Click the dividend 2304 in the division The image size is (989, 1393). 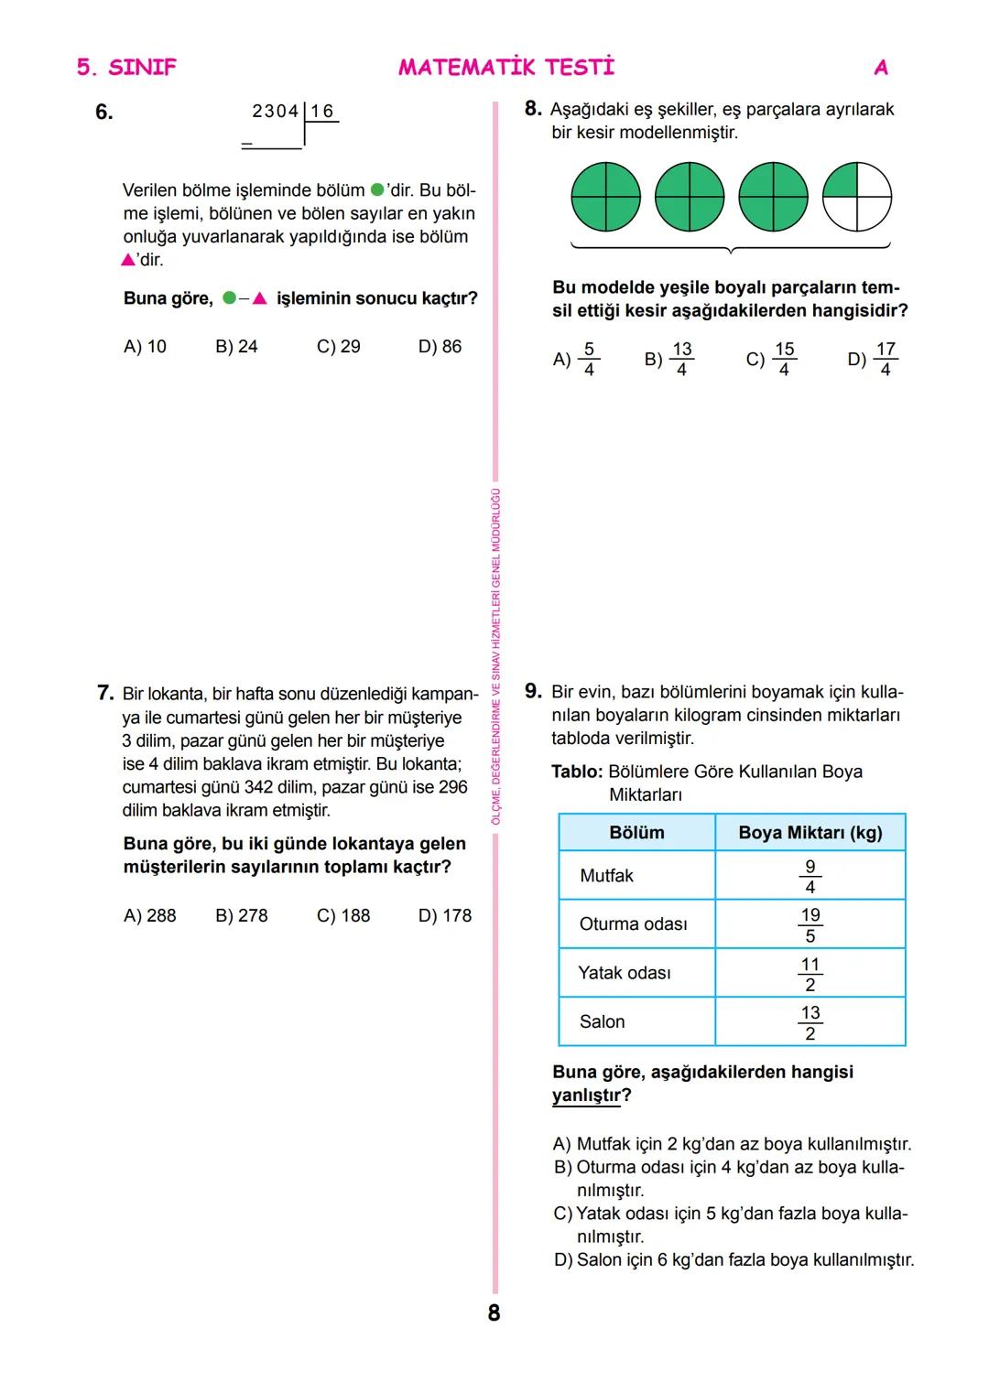(275, 112)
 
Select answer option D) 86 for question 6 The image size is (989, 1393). (440, 347)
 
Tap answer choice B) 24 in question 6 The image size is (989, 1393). (236, 347)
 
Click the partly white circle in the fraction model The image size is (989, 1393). (856, 198)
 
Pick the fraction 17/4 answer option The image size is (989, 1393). (874, 359)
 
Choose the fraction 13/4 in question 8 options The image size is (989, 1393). (669, 359)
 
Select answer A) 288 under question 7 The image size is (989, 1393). (149, 915)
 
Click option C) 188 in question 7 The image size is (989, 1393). (343, 915)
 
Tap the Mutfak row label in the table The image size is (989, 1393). (606, 876)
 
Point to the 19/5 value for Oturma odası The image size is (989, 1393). (810, 924)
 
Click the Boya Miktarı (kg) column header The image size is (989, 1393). (810, 833)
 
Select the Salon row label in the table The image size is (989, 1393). (602, 1021)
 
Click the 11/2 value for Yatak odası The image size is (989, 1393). (810, 974)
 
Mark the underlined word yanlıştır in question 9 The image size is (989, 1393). (586, 1096)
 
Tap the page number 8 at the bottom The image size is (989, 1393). (494, 1313)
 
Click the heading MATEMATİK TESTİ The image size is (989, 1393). (506, 67)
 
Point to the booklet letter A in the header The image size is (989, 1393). (881, 67)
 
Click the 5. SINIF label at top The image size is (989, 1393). (126, 67)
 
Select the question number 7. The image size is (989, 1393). (104, 693)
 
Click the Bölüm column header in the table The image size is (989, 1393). (636, 833)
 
